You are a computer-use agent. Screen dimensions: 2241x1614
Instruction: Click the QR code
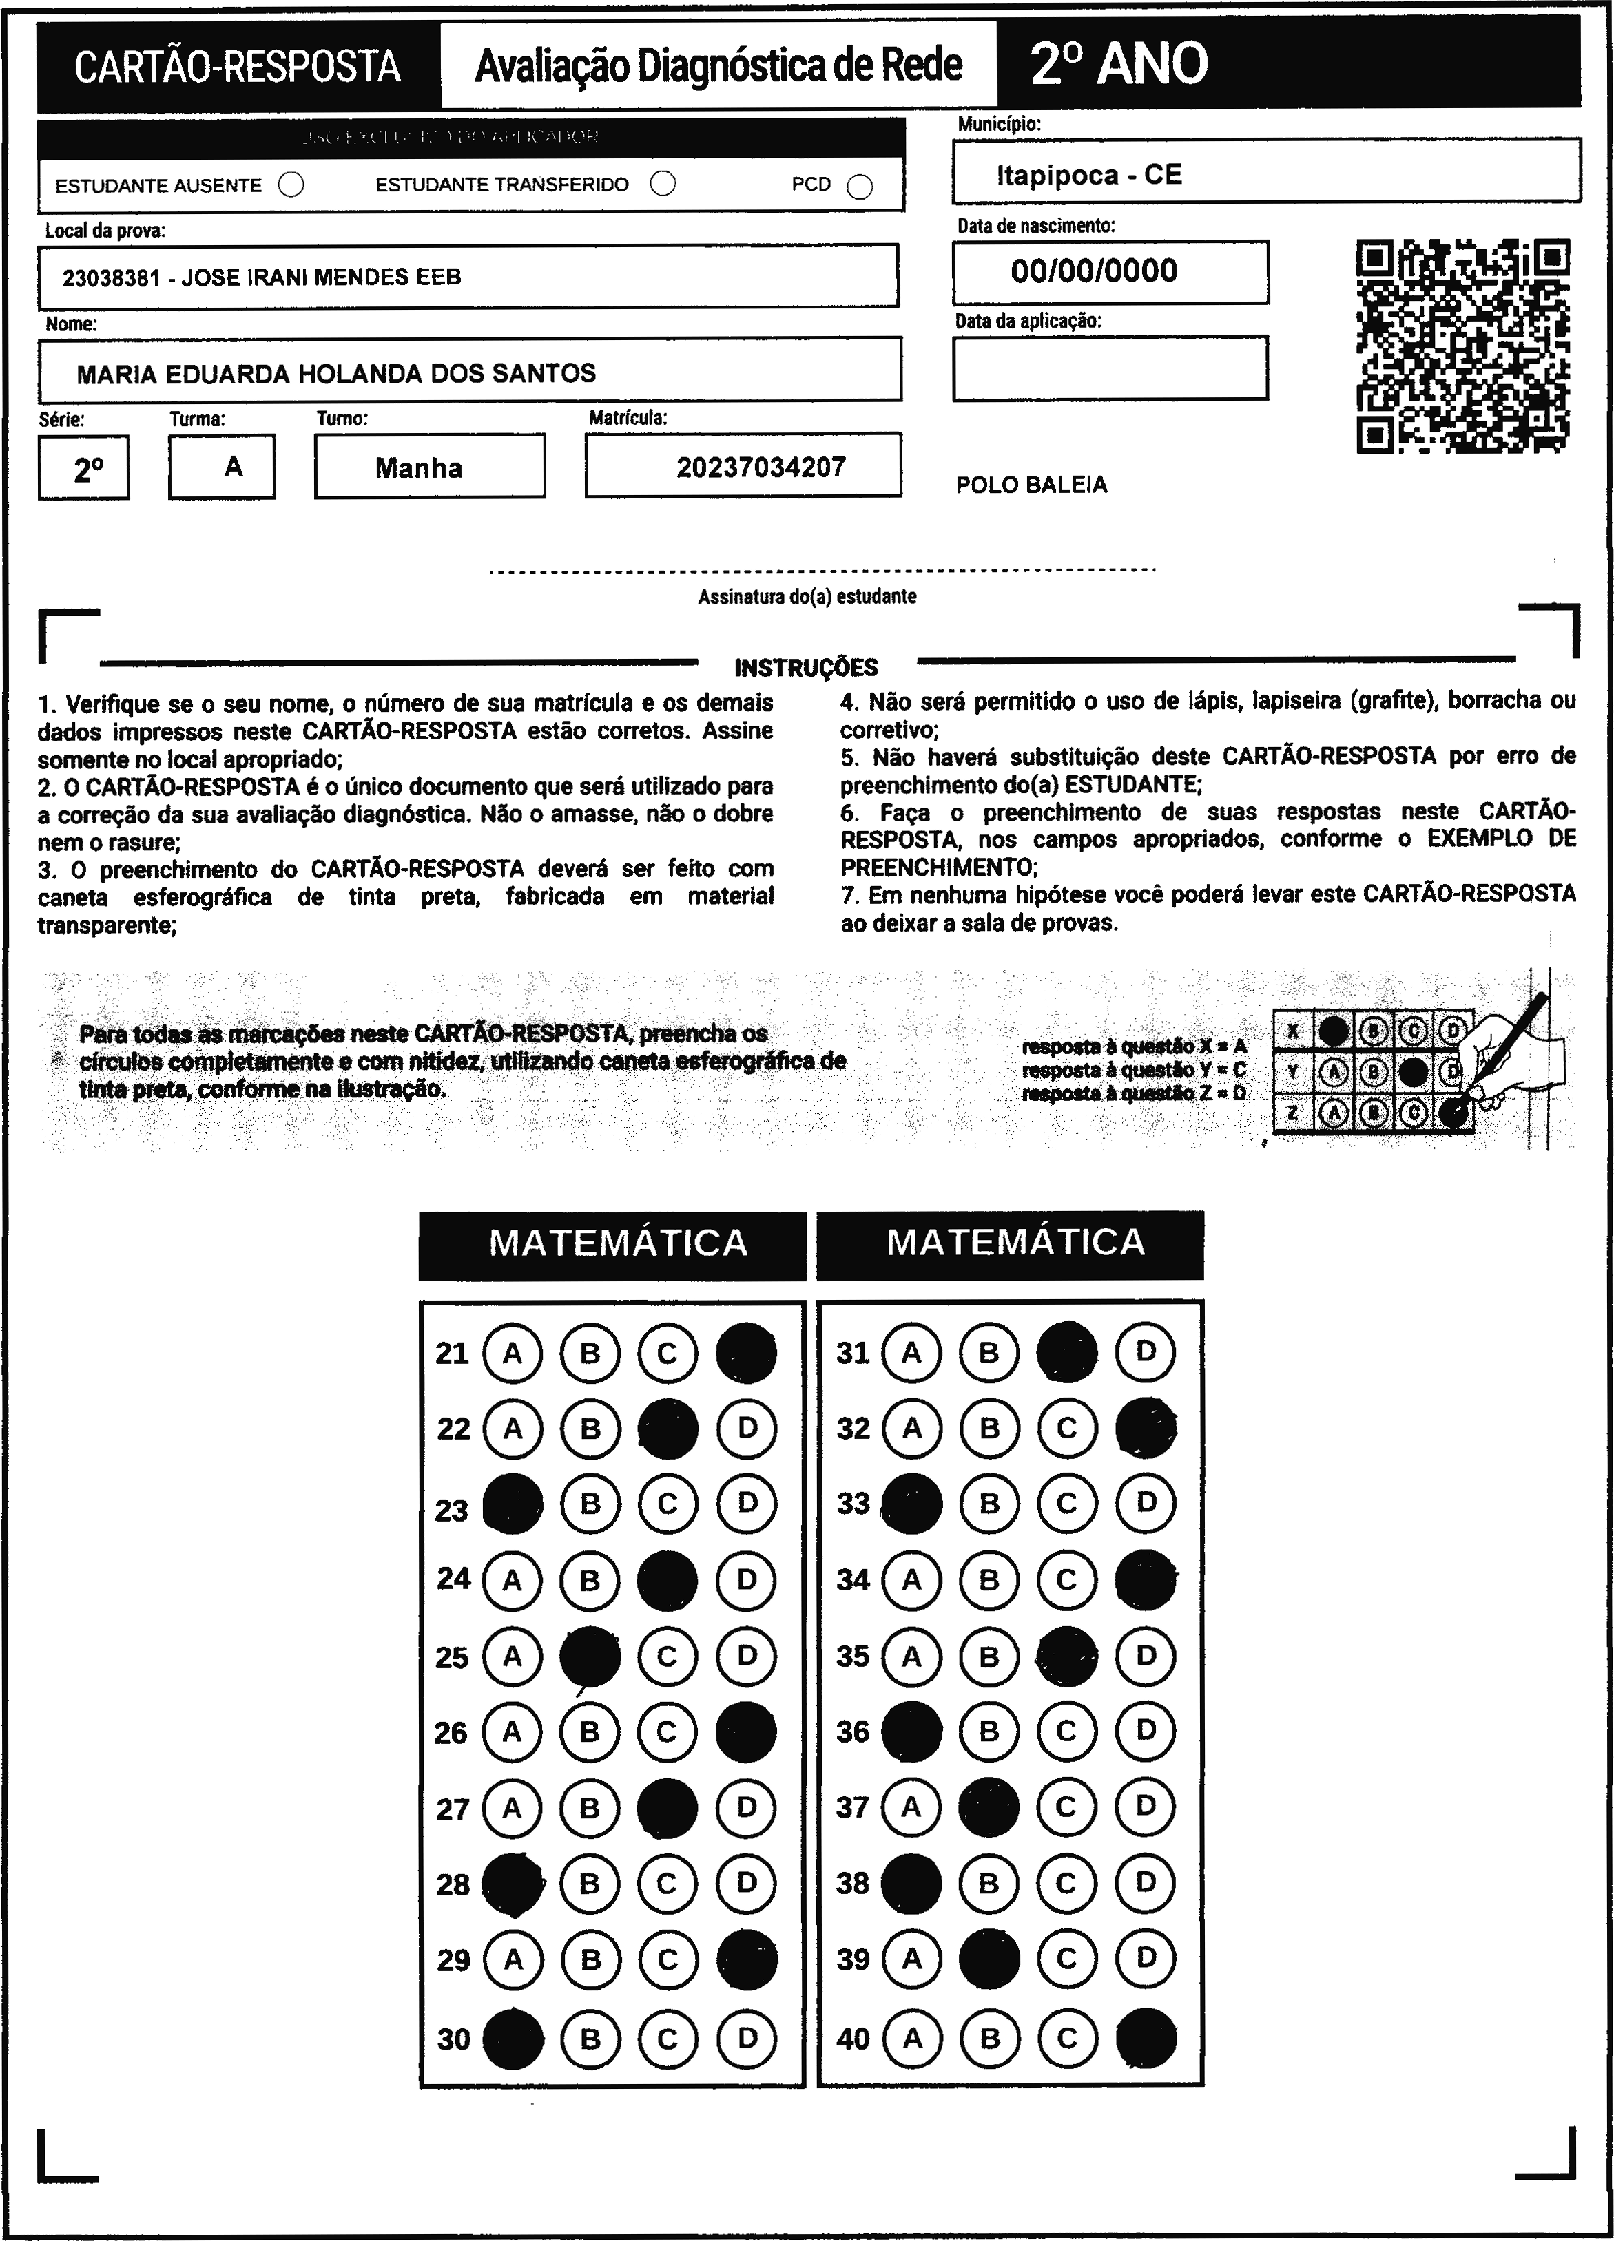tap(1462, 346)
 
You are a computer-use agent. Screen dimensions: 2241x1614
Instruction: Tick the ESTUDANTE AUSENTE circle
tap(291, 185)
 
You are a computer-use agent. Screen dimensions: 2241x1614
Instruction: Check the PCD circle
tap(860, 187)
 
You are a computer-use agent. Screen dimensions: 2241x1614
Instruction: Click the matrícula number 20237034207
tap(761, 467)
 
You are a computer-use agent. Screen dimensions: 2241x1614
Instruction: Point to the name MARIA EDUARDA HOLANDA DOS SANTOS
tap(336, 373)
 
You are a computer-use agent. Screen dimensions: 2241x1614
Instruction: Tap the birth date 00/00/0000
tap(1094, 271)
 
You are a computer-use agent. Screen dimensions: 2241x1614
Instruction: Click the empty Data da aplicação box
tap(1109, 368)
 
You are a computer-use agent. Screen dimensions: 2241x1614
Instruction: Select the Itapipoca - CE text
tap(1088, 175)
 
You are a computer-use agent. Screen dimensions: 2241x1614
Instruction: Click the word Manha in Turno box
tap(419, 467)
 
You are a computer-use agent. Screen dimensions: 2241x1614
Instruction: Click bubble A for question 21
tap(512, 1353)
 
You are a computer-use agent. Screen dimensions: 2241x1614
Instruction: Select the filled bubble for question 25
tap(590, 1656)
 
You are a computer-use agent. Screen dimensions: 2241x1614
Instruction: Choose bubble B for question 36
tap(989, 1731)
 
